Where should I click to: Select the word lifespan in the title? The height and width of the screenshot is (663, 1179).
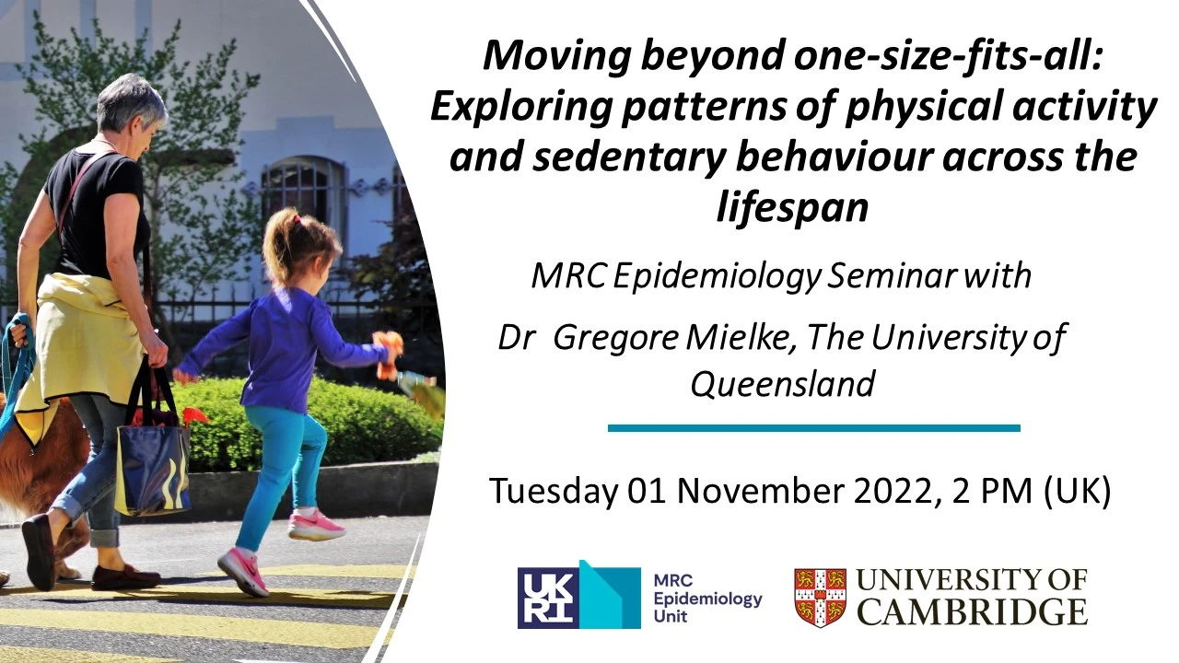[792, 207]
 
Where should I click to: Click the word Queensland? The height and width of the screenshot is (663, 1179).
[782, 383]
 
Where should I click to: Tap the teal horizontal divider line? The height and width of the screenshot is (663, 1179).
[814, 428]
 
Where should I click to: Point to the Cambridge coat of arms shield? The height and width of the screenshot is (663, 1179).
[820, 597]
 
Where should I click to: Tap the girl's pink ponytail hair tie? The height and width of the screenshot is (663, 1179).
[297, 220]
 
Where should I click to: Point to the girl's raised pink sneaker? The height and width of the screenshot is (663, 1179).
[316, 527]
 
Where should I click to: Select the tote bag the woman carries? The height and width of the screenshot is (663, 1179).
[152, 460]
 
